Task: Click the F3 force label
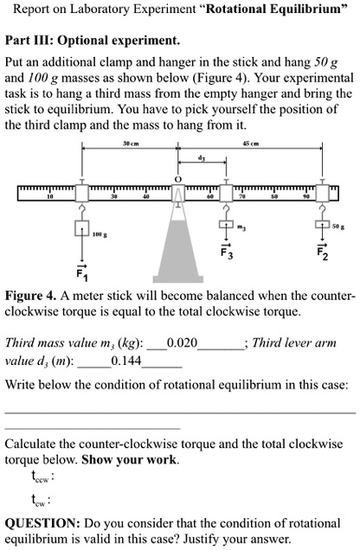tap(226, 255)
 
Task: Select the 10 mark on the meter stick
tap(50, 197)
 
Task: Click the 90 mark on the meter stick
tap(304, 197)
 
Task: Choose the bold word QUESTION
tap(42, 522)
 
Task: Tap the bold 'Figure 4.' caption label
tap(31, 297)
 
